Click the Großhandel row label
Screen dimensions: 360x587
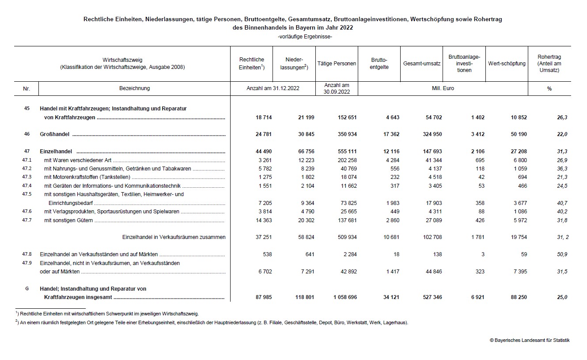tap(56, 134)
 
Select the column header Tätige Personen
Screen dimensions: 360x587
tap(337, 64)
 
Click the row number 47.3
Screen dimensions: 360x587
tap(27, 177)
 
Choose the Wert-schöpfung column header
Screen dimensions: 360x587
tap(507, 64)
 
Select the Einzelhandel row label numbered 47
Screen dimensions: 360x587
tap(56, 152)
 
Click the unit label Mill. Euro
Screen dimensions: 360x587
tap(443, 88)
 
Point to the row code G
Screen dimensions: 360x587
tap(27, 288)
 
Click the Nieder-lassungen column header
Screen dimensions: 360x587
tap(294, 64)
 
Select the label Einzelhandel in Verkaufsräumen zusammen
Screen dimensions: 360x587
tap(174, 237)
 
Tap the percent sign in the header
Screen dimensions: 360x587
tap(549, 89)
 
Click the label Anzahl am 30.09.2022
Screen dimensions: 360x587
tap(337, 88)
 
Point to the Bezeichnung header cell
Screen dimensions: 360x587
tap(134, 88)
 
